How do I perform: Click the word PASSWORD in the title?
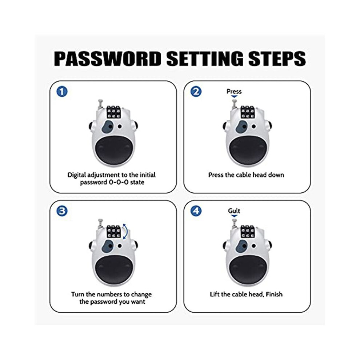tap(108, 59)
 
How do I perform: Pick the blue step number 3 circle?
tap(62, 211)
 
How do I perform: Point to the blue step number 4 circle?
tap(196, 211)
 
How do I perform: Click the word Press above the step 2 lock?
tap(234, 91)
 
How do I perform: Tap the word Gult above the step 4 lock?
tap(234, 211)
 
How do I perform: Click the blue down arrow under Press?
tap(234, 97)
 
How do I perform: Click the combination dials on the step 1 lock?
tap(113, 112)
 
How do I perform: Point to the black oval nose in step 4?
tap(246, 269)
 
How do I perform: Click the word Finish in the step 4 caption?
tap(274, 294)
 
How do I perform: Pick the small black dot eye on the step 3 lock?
tap(120, 246)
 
